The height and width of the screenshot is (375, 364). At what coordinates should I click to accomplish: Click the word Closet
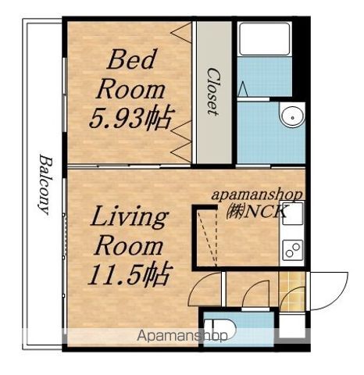(212, 91)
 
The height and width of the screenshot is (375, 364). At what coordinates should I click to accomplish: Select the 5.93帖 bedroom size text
(131, 118)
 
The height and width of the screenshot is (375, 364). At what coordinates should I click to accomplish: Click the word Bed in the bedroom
(132, 59)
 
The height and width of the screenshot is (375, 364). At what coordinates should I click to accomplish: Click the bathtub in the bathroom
(265, 39)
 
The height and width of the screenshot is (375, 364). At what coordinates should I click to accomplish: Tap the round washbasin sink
(293, 117)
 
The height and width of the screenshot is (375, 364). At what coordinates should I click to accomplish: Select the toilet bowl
(220, 329)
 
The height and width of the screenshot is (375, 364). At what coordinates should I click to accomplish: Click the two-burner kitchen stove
(293, 250)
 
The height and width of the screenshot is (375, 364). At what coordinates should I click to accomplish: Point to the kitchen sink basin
(293, 213)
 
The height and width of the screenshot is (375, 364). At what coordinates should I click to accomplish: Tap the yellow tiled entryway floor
(292, 291)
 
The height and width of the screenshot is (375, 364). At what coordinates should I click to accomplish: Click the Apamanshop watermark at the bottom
(182, 336)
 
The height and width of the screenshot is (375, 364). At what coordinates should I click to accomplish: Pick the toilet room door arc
(255, 294)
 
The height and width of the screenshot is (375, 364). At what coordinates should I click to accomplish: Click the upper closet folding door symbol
(181, 33)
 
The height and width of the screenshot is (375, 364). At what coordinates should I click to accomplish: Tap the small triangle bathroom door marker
(243, 88)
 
